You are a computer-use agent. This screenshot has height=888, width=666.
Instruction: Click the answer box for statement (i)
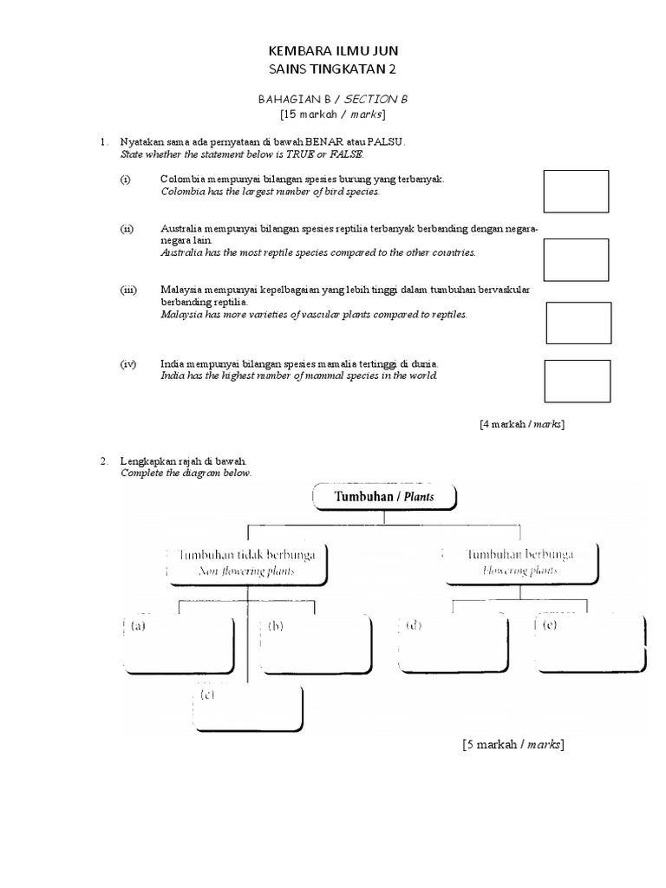coord(576,192)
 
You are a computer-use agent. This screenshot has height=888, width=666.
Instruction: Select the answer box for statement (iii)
coord(578,323)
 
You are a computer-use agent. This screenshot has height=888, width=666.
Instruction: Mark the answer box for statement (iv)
coord(577,382)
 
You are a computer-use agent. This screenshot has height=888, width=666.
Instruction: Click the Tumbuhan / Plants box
coord(382,498)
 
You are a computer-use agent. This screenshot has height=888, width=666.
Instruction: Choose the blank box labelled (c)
coord(248,708)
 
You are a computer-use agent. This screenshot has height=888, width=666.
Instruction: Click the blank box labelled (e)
coord(591,643)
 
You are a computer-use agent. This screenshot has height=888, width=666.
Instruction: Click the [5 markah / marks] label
coord(513,744)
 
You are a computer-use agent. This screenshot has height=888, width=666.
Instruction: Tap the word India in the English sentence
coord(173,376)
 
